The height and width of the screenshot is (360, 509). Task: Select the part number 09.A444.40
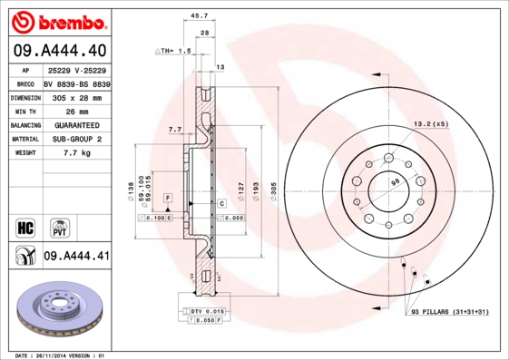61,51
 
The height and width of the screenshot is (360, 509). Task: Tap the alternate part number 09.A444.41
77,257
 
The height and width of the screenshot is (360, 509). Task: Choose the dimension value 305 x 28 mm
77,95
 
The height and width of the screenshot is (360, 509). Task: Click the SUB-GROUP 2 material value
77,139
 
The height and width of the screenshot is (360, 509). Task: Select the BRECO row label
25,82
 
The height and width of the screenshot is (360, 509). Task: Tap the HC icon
25,227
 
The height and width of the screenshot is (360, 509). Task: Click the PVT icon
58,227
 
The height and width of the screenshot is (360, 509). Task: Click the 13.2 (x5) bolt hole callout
431,123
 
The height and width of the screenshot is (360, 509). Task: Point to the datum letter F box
167,197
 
